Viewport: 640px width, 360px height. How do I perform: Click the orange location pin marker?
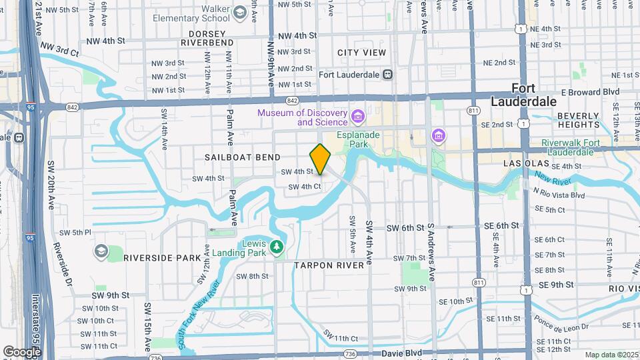(320, 159)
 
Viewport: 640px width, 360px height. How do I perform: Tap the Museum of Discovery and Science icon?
(357, 118)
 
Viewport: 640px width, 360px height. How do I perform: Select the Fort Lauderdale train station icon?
(397, 75)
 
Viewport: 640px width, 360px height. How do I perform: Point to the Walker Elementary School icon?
(239, 12)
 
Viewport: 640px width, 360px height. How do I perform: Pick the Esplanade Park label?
(358, 139)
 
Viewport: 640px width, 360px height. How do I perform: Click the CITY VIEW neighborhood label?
(361, 53)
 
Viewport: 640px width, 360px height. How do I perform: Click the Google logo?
(22, 351)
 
